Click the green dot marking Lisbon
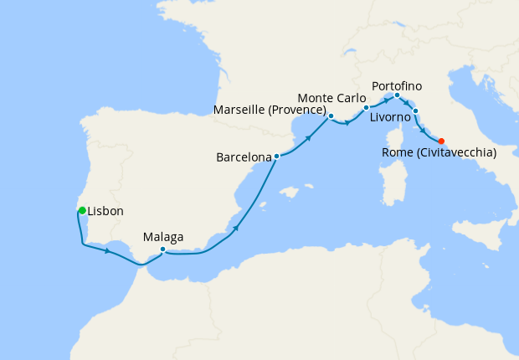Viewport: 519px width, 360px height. (82, 210)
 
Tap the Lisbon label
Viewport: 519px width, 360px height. (105, 213)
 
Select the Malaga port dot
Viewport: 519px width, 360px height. (162, 249)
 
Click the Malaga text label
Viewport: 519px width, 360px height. (163, 236)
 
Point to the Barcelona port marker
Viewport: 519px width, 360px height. (276, 156)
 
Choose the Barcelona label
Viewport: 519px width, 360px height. (244, 157)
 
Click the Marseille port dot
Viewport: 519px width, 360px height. (331, 116)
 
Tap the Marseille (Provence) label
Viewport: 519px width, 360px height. (270, 110)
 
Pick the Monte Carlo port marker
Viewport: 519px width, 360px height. (366, 108)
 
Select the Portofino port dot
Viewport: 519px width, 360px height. (397, 95)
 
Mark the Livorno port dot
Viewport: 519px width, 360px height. (415, 111)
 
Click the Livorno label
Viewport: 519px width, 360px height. (390, 118)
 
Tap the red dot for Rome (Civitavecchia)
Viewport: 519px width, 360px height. (441, 141)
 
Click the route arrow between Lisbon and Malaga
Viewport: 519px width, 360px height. (107, 250)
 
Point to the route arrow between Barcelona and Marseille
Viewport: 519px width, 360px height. (309, 137)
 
